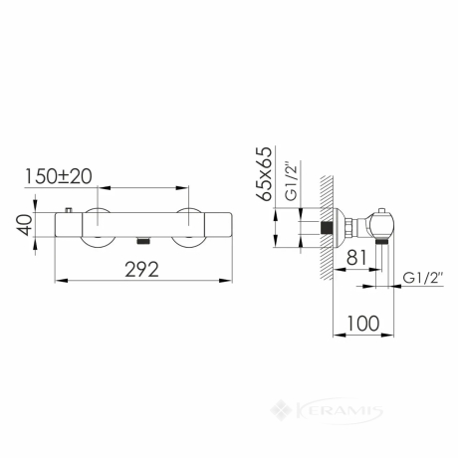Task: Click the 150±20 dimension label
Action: pyautogui.click(x=59, y=176)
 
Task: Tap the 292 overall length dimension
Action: pyautogui.click(x=141, y=269)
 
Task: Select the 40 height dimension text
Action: pyautogui.click(x=25, y=225)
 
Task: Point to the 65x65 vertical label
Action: pyautogui.click(x=264, y=174)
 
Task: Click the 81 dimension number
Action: pyautogui.click(x=356, y=258)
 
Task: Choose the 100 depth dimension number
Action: pyautogui.click(x=363, y=324)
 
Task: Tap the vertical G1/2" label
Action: pyautogui.click(x=292, y=180)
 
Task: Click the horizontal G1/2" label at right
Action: pyautogui.click(x=423, y=278)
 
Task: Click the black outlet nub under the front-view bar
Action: pyautogui.click(x=143, y=241)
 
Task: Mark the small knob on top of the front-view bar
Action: pyautogui.click(x=69, y=210)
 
